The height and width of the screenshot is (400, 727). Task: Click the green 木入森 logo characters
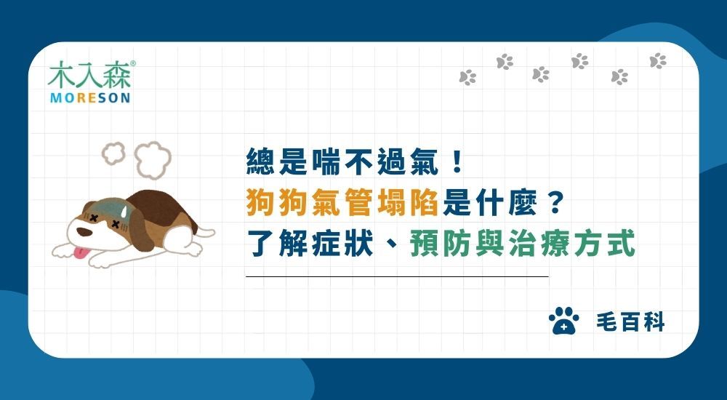tap(89, 75)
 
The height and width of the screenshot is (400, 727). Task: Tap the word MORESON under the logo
tap(90, 97)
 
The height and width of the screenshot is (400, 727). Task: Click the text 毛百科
tap(630, 322)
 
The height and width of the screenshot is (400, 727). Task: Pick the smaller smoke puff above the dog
tap(114, 153)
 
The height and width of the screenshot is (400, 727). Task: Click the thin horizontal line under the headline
tap(397, 277)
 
